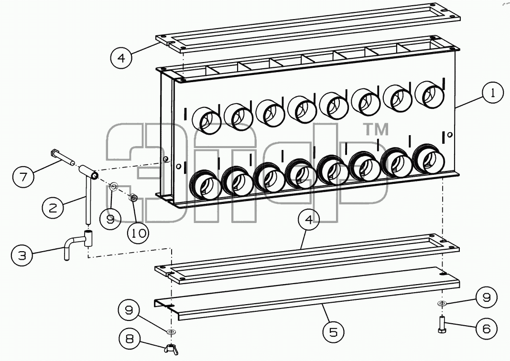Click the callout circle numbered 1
(x=493, y=93)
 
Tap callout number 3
(x=22, y=255)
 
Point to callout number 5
(x=334, y=332)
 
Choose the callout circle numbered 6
(x=487, y=329)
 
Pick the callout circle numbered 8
(x=130, y=339)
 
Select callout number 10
(x=138, y=233)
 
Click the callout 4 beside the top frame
(x=121, y=58)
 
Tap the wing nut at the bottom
(x=171, y=350)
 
